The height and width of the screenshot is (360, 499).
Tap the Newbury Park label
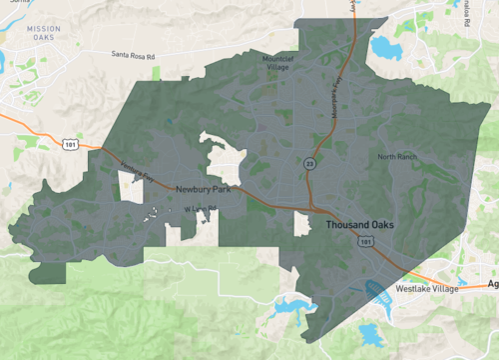tap(204, 189)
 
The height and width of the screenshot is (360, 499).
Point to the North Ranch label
tap(398, 157)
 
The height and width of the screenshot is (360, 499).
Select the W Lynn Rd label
tap(199, 209)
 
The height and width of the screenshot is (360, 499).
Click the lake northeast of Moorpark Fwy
tap(382, 45)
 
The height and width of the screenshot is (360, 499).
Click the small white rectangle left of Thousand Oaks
tap(301, 224)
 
